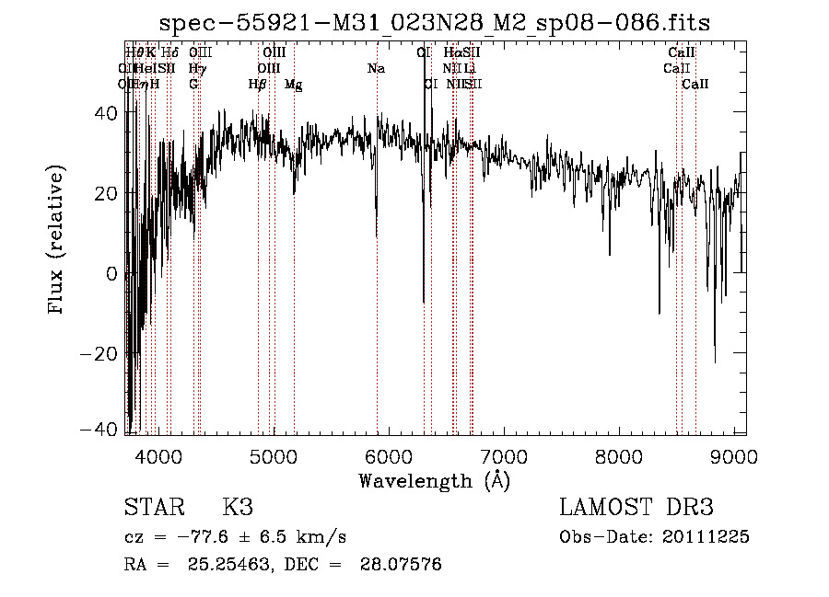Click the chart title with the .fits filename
click(434, 24)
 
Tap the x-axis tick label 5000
click(273, 456)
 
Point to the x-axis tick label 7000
click(504, 456)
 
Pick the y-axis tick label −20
click(100, 354)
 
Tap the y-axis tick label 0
click(112, 274)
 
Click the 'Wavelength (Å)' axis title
click(434, 480)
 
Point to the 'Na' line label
click(376, 69)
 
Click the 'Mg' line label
click(294, 85)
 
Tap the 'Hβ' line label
click(258, 85)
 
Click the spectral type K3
click(238, 508)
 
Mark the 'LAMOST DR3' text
click(636, 508)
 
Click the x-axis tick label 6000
click(389, 456)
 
